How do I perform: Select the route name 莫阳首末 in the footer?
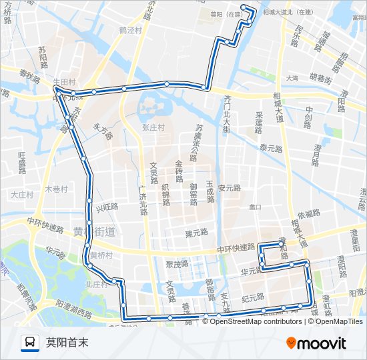pos(67,343)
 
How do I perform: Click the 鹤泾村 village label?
pos(131,30)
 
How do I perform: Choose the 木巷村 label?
pos(56,189)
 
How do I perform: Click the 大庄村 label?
pos(21,195)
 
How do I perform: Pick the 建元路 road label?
pos(197,233)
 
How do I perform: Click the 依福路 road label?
pos(310,213)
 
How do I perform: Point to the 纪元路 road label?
pos(253,297)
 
